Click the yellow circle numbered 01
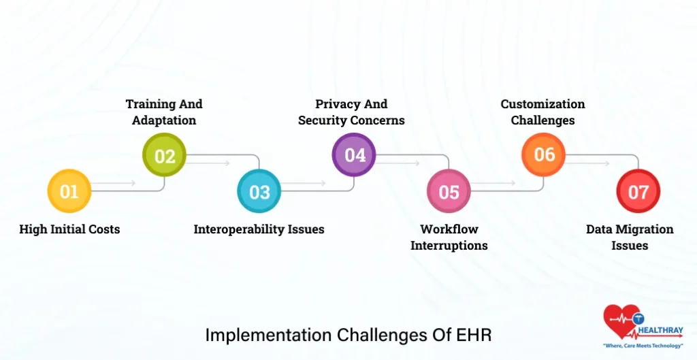pyautogui.click(x=69, y=191)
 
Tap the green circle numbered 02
pyautogui.click(x=164, y=156)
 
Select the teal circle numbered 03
pyautogui.click(x=259, y=191)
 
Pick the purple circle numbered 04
pyautogui.click(x=354, y=155)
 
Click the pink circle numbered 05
pyautogui.click(x=449, y=191)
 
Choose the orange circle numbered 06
pyautogui.click(x=544, y=155)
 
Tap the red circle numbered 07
pyautogui.click(x=638, y=191)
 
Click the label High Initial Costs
pyautogui.click(x=69, y=229)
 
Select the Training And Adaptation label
pyautogui.click(x=164, y=112)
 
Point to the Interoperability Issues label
pyautogui.click(x=259, y=229)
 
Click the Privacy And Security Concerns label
pyautogui.click(x=351, y=112)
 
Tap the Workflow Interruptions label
pyautogui.click(x=449, y=237)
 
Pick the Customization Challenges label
pyautogui.click(x=543, y=112)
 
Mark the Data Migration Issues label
pyautogui.click(x=630, y=237)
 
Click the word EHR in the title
pyautogui.click(x=473, y=335)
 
